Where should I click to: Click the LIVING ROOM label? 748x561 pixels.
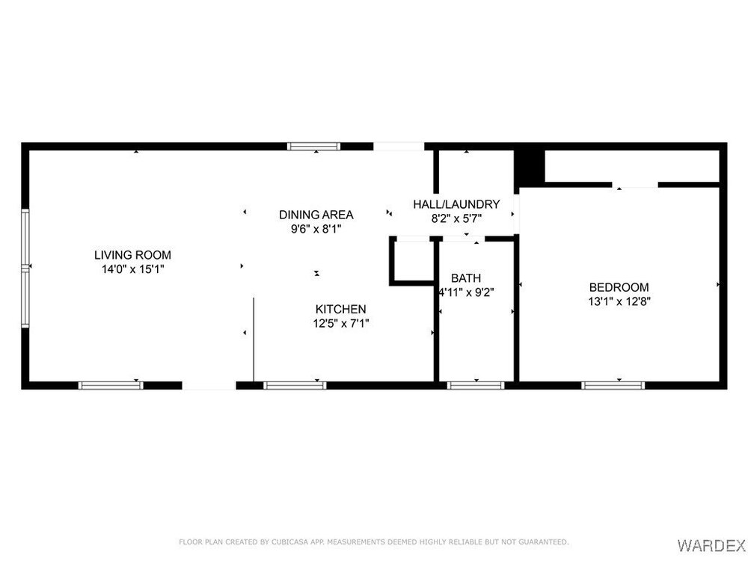(132, 255)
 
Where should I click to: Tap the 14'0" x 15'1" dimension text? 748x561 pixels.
(132, 269)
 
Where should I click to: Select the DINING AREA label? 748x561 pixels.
(316, 215)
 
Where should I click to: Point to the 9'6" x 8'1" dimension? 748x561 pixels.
(316, 229)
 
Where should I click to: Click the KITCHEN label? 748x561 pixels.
(340, 309)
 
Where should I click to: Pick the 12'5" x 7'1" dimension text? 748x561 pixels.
(340, 323)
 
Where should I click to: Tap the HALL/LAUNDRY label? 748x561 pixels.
(456, 204)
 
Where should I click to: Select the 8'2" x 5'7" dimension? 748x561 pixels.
(456, 219)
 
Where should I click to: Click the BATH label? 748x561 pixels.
(466, 278)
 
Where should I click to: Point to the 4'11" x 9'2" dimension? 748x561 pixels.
(466, 292)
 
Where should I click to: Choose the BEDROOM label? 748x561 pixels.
(619, 287)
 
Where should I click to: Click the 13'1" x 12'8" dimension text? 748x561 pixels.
(619, 301)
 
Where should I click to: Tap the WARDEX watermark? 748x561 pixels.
(711, 545)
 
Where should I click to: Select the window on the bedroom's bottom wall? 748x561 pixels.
(613, 385)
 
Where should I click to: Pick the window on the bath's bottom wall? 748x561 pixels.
(476, 385)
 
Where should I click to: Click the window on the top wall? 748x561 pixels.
(314, 147)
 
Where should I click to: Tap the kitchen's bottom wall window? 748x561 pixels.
(295, 385)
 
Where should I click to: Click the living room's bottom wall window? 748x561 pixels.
(111, 385)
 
